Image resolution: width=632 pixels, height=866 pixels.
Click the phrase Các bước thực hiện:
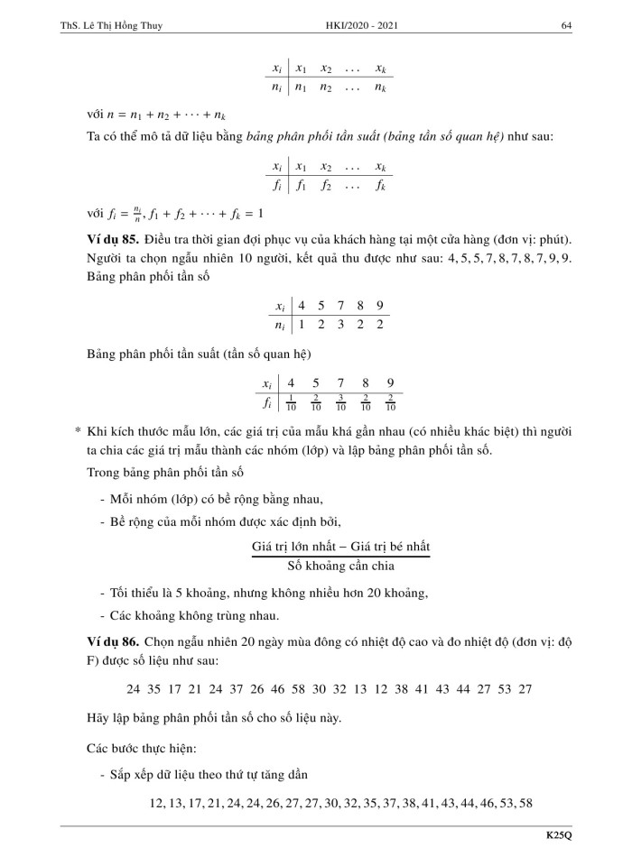click(128, 748)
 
